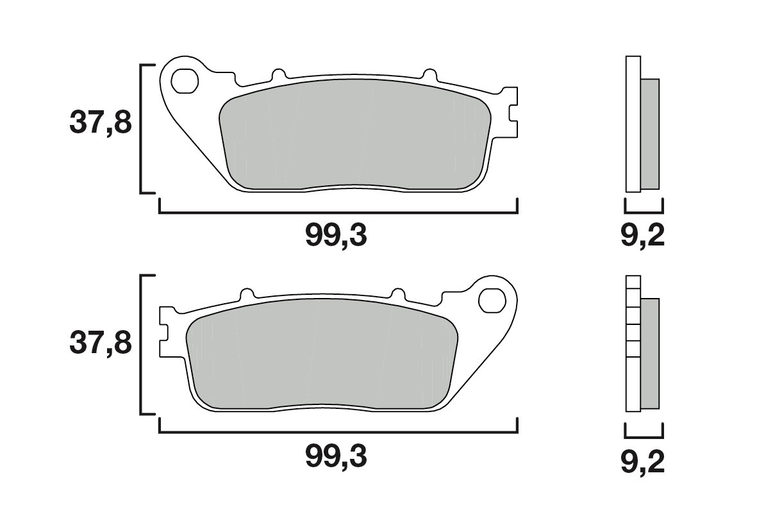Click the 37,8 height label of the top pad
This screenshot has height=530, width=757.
tap(101, 122)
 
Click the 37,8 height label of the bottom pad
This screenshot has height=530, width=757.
tap(101, 343)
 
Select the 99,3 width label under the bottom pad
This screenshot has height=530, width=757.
tap(336, 457)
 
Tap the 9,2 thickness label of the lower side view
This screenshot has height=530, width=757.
tap(643, 462)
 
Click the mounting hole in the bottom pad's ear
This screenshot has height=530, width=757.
tap(492, 299)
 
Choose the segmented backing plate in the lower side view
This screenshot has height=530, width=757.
tap(633, 344)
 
